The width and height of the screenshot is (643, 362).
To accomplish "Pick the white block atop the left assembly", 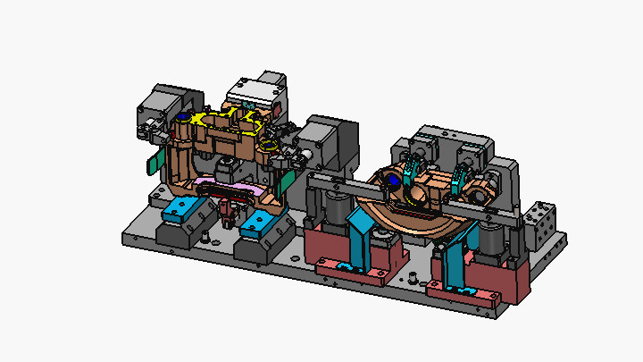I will coord(255,88).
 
